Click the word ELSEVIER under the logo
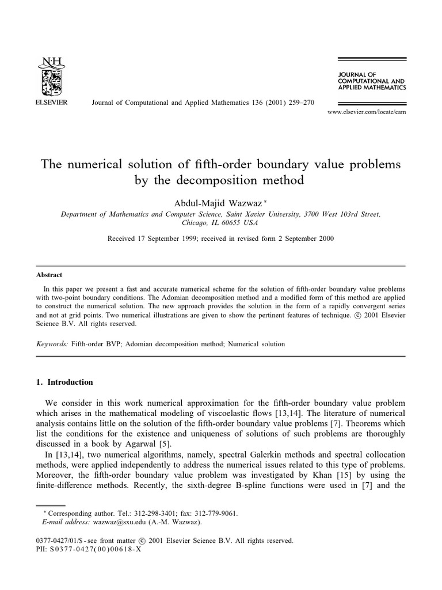tap(51, 102)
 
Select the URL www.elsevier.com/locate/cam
tap(367, 112)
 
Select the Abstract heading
tap(49, 275)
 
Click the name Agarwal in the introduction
tap(148, 443)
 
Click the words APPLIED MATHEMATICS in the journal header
tap(372, 88)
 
